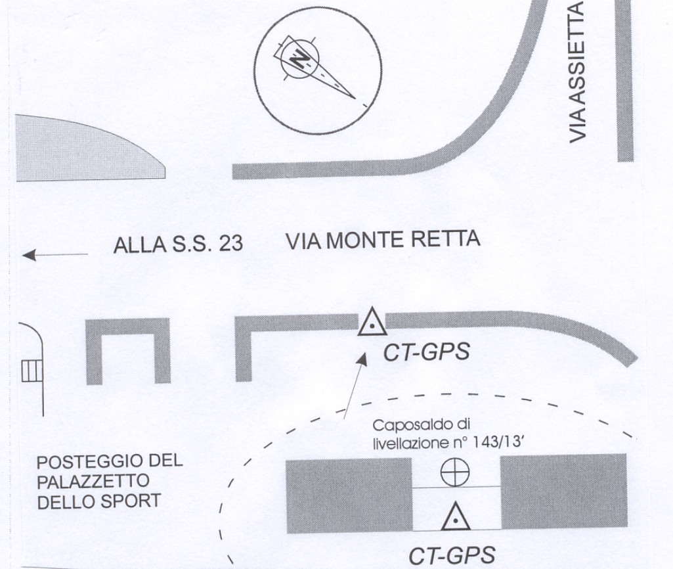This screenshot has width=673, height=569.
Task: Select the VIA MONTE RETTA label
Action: click(383, 240)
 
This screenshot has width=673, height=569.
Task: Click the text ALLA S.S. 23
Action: click(178, 244)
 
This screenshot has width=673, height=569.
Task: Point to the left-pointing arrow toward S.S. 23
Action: click(55, 255)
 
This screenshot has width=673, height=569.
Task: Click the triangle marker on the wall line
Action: click(372, 322)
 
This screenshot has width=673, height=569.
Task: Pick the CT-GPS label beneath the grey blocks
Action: click(452, 556)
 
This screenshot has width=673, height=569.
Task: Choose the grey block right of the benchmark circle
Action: click(563, 491)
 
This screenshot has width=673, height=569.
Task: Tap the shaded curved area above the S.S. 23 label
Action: click(79, 150)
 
